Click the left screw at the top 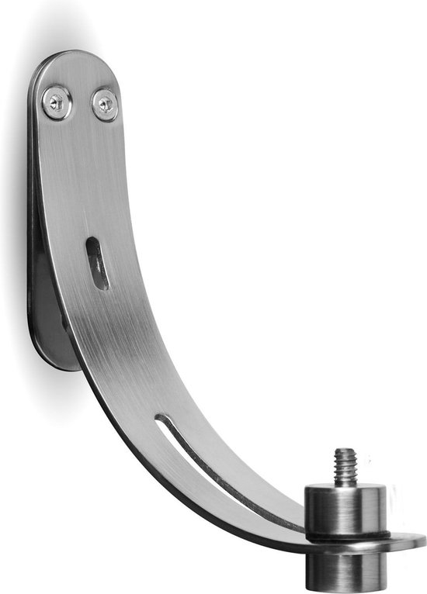[57, 102]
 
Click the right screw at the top [105, 105]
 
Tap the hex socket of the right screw [105, 104]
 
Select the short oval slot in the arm [97, 264]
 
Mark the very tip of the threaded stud [344, 450]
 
